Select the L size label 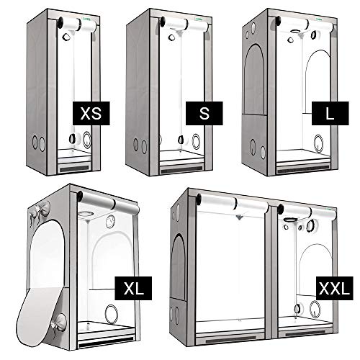[x=328, y=114]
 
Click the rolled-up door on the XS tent [x=80, y=25]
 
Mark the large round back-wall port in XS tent [x=89, y=139]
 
